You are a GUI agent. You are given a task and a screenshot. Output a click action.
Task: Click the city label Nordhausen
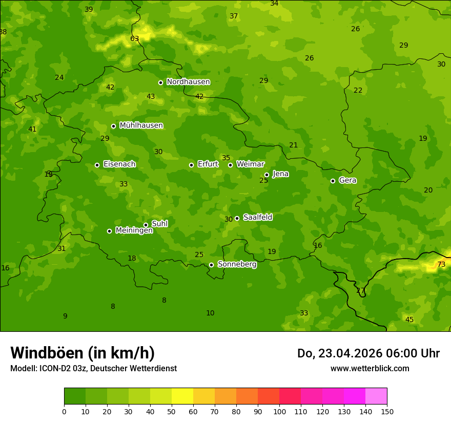click(188, 82)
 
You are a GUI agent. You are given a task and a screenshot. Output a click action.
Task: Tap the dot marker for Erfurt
click(191, 165)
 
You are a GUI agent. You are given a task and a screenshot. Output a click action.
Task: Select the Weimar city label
click(250, 164)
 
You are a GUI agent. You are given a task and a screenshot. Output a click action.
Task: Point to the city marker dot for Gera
click(333, 181)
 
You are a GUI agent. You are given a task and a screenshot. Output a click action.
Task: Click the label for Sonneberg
click(237, 264)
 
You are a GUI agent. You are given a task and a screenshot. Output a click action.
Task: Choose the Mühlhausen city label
click(141, 125)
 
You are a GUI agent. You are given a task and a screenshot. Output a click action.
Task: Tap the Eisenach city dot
click(97, 165)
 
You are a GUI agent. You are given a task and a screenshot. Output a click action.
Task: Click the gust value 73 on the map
click(441, 265)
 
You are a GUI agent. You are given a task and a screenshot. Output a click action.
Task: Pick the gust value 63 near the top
click(134, 39)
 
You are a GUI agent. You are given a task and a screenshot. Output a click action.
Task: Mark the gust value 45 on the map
click(409, 320)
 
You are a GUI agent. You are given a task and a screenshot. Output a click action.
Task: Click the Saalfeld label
click(257, 218)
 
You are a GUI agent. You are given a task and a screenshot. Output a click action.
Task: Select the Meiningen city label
click(134, 230)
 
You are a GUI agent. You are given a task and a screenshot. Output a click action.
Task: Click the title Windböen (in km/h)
click(82, 353)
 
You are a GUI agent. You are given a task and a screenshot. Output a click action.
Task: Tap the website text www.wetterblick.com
click(370, 368)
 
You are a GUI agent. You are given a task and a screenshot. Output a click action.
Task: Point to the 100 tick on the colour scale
click(279, 411)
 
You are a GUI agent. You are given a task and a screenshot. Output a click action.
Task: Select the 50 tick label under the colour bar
click(172, 411)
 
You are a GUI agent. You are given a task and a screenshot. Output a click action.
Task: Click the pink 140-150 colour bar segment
click(376, 396)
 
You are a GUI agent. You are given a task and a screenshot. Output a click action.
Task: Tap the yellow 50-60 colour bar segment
click(182, 396)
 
